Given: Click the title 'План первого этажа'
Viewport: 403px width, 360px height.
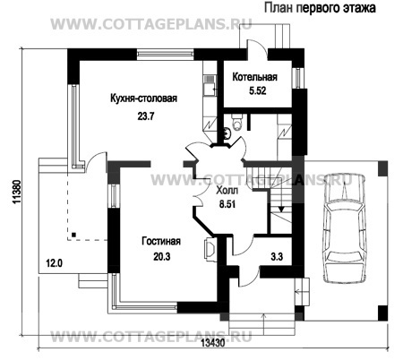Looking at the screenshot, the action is click(320, 8).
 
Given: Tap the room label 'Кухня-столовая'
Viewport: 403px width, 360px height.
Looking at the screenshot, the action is click(143, 99).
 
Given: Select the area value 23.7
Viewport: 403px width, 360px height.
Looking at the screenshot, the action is click(146, 116).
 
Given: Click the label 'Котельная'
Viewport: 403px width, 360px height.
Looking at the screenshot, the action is click(254, 77).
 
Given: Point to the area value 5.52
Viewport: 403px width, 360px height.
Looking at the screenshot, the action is click(258, 90).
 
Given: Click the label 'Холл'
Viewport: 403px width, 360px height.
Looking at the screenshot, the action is click(227, 190).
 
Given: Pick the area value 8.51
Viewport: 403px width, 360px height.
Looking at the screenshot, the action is click(227, 204).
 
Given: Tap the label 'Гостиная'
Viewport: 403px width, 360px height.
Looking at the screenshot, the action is click(161, 241).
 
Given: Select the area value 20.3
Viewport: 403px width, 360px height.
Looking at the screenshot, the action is click(162, 256).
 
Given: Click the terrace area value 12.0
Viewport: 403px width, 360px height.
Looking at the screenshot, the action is click(54, 263).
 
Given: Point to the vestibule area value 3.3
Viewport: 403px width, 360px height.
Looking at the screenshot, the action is click(277, 256).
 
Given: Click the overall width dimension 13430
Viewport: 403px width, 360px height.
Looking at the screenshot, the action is click(212, 344).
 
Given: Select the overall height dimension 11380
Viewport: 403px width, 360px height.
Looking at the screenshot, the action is click(17, 193).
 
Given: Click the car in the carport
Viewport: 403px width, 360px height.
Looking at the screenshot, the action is click(344, 228).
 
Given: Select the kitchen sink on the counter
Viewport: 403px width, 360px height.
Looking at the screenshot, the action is click(209, 85).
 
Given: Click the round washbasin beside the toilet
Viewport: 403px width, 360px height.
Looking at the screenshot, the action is click(227, 133).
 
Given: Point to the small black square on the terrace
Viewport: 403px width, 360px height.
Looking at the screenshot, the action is click(73, 235).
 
